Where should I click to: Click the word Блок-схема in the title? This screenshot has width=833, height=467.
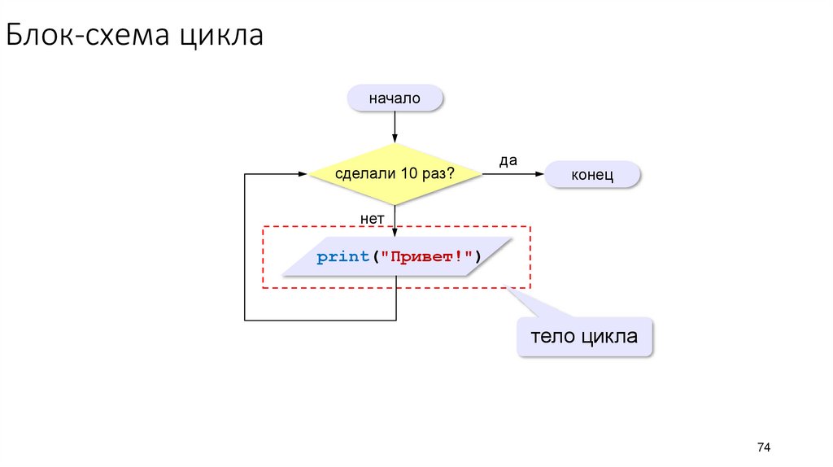pyautogui.click(x=89, y=37)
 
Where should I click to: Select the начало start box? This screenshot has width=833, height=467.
pyautogui.click(x=395, y=98)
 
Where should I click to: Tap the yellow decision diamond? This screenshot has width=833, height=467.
pyautogui.click(x=395, y=173)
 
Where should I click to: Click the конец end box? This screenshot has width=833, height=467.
pyautogui.click(x=592, y=174)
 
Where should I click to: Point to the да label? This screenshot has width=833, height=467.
pyautogui.click(x=508, y=160)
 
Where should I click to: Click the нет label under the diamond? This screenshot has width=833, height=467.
pyautogui.click(x=372, y=218)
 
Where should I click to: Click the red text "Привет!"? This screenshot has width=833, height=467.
pyautogui.click(x=431, y=257)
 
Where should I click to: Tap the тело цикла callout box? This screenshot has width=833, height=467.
pyautogui.click(x=584, y=336)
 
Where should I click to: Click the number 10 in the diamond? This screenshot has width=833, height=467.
pyautogui.click(x=408, y=173)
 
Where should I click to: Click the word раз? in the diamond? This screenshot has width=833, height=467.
pyautogui.click(x=437, y=173)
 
